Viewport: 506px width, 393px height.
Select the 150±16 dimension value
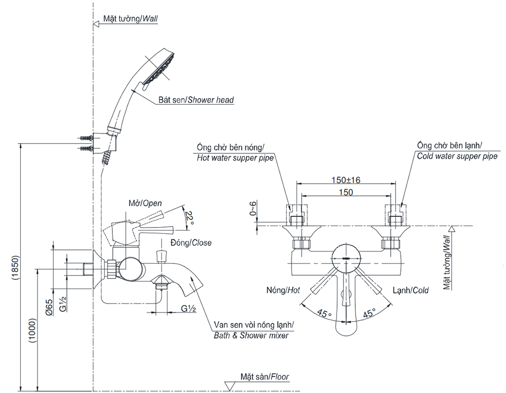pyautogui.click(x=346, y=180)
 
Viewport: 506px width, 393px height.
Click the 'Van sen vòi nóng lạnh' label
pyautogui.click(x=251, y=325)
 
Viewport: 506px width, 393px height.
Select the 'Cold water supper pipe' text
pyautogui.click(x=457, y=156)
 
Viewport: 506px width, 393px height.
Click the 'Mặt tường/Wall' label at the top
pyautogui.click(x=131, y=19)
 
